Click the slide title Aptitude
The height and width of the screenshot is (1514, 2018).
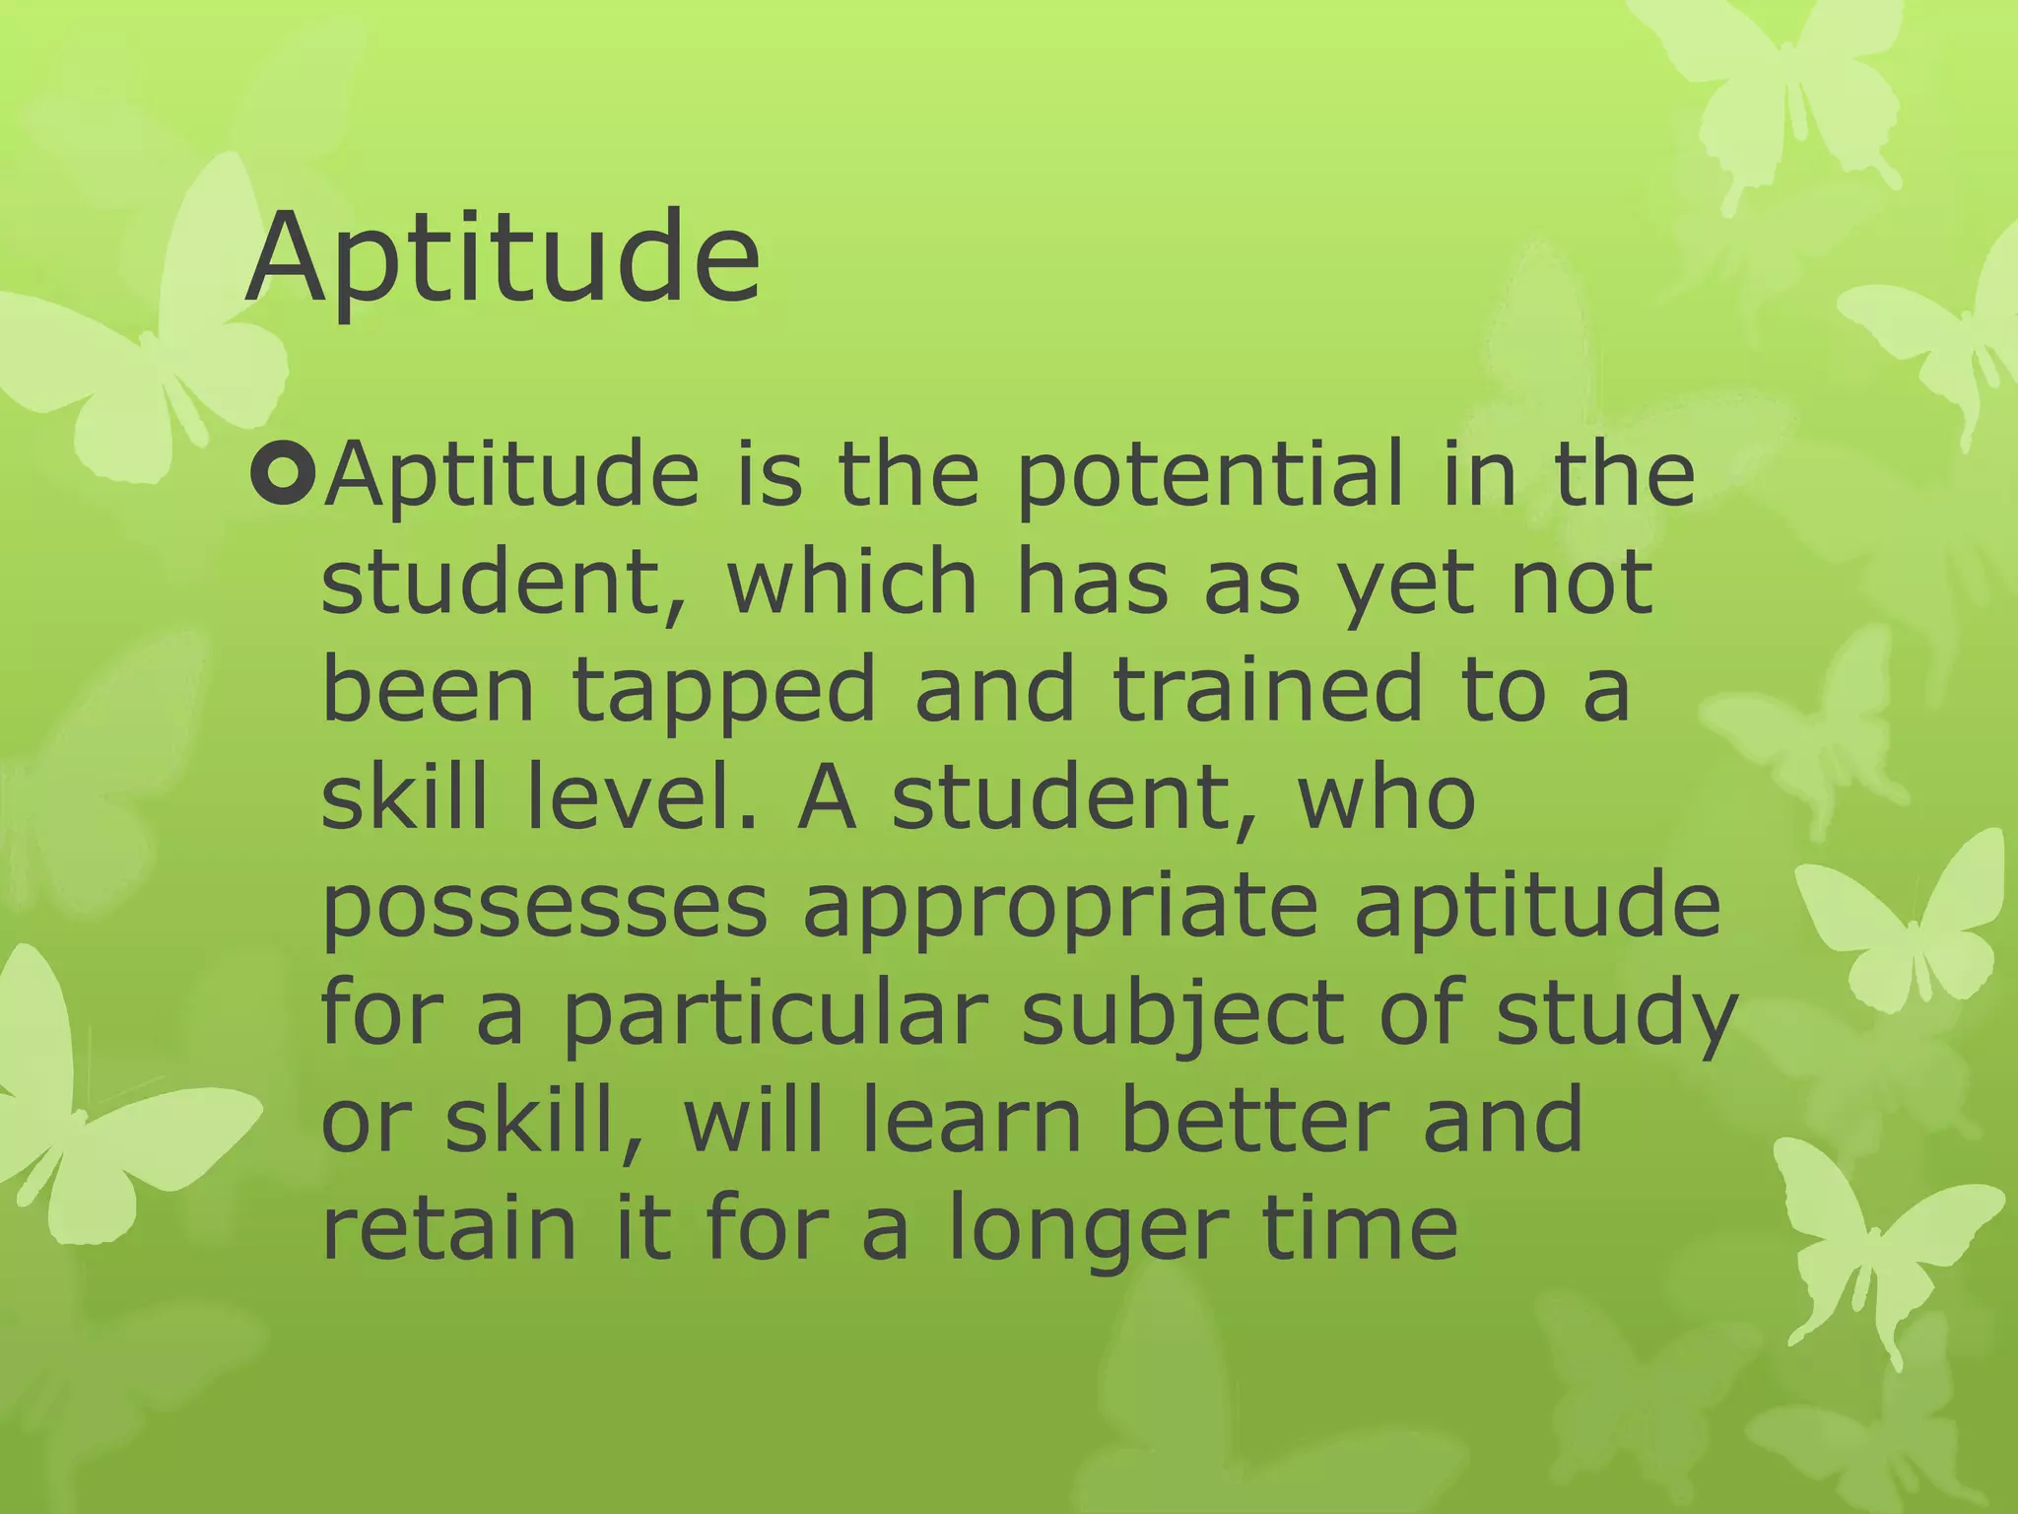(x=503, y=258)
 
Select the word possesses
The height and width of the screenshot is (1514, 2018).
(x=544, y=910)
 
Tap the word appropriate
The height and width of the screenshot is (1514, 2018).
(x=1060, y=910)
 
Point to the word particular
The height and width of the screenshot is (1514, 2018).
(x=774, y=1015)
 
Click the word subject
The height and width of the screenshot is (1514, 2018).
(x=1182, y=1017)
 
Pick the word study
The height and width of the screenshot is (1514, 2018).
(x=1616, y=1017)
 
